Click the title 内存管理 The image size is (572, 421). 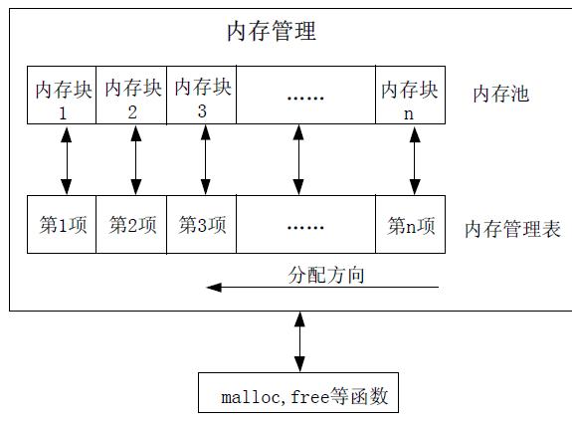272,32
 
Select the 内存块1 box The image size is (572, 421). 63,96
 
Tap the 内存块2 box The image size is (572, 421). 132,96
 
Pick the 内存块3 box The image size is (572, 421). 202,96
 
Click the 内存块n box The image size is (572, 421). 410,96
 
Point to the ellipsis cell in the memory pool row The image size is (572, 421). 305,96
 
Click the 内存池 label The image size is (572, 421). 500,95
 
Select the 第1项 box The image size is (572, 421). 63,225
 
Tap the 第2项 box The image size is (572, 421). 132,225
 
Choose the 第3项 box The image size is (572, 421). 202,225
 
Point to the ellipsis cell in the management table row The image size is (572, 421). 305,225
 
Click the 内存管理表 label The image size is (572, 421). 512,230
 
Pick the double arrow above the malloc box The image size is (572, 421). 297,341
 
